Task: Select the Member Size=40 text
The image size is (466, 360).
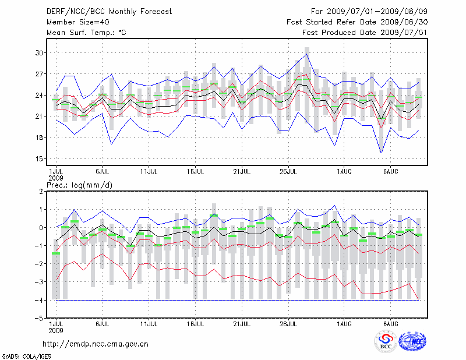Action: click(x=73, y=22)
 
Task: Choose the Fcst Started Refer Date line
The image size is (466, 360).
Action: click(x=357, y=22)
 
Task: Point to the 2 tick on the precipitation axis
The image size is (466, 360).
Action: click(x=42, y=191)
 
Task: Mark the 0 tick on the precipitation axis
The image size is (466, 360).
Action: click(x=42, y=228)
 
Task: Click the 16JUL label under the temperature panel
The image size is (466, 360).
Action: click(x=195, y=172)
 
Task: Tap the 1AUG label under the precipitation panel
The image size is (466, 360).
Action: click(x=345, y=323)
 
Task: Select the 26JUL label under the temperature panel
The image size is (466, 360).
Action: click(x=289, y=172)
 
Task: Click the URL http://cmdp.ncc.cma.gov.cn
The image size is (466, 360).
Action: click(x=96, y=344)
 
